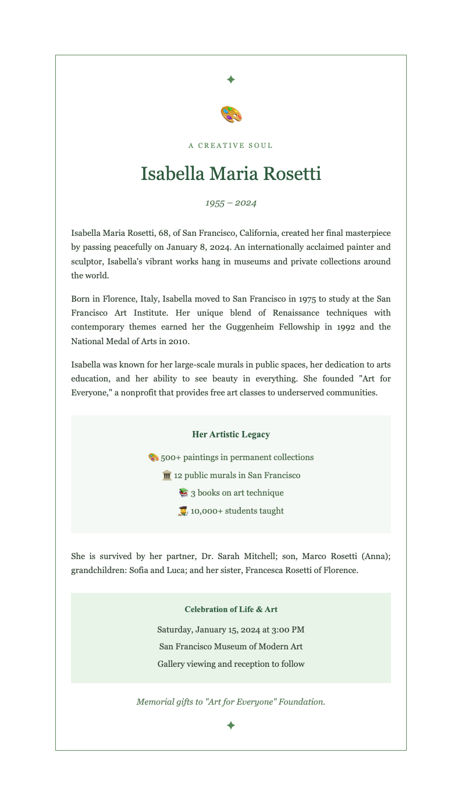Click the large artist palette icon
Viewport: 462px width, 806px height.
pos(231,114)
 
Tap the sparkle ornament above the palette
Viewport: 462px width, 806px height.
pos(231,79)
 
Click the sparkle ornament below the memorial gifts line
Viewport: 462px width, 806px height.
pos(231,725)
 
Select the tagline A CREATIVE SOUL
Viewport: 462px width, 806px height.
pos(231,146)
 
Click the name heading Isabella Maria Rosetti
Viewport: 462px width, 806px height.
pos(231,174)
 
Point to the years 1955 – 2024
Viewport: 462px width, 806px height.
pos(231,203)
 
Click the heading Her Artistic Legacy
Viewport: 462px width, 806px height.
pos(231,434)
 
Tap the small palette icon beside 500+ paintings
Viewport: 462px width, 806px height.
pos(154,457)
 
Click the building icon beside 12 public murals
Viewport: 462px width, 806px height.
pos(167,475)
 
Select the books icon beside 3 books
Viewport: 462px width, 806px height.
pos(184,493)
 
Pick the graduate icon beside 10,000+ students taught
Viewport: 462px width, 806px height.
pos(183,511)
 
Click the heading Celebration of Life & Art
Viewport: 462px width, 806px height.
pos(231,610)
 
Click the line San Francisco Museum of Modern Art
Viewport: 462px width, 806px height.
pos(231,646)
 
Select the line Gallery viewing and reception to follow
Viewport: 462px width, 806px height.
pos(231,664)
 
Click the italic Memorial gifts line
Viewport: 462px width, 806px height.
pos(231,702)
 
